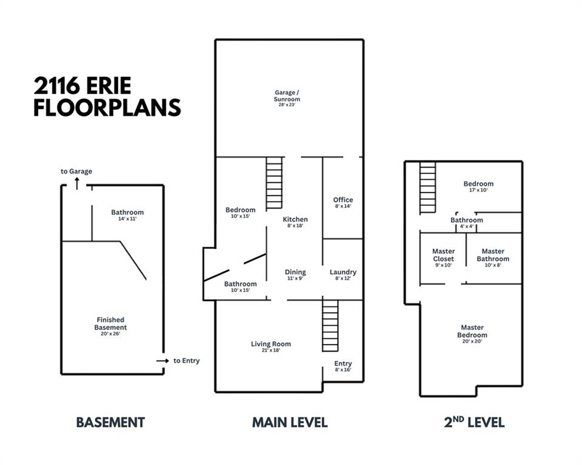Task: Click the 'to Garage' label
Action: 76,171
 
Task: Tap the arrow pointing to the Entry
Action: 162,361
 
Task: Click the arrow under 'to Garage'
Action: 77,183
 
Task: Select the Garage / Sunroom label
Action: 287,96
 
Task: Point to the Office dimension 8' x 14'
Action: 343,206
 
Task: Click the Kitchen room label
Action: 295,219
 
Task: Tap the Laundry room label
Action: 343,272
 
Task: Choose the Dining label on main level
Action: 295,272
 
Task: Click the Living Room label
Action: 271,344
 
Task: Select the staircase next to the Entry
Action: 330,326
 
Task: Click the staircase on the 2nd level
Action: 427,188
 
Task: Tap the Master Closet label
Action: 444,255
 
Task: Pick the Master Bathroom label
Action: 493,255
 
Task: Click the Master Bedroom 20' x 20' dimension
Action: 472,341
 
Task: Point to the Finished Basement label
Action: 110,323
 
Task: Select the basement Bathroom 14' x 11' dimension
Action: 127,219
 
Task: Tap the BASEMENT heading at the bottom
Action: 110,423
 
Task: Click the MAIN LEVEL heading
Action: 290,423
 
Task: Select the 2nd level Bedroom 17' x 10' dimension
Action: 478,190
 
